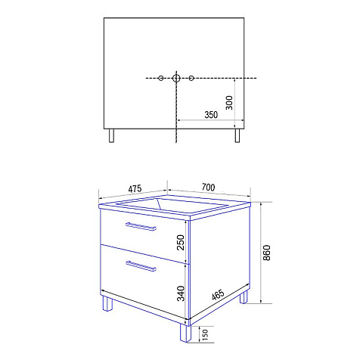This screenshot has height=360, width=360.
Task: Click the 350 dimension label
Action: pyautogui.click(x=211, y=115)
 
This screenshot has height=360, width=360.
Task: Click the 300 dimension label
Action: pyautogui.click(x=229, y=103)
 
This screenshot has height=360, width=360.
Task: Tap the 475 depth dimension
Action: pyautogui.click(x=135, y=189)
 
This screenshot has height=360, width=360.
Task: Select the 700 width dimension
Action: pyautogui.click(x=209, y=188)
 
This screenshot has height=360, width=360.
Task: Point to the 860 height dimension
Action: pyautogui.click(x=266, y=253)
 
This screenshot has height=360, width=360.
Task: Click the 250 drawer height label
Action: pyautogui.click(x=181, y=242)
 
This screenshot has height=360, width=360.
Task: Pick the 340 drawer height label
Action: pyautogui.click(x=181, y=293)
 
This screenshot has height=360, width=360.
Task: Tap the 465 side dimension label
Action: pyautogui.click(x=218, y=295)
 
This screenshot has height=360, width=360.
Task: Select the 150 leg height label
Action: pyautogui.click(x=206, y=334)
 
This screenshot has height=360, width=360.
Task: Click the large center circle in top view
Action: pyautogui.click(x=176, y=78)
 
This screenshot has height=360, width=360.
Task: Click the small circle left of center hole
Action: pyautogui.click(x=161, y=78)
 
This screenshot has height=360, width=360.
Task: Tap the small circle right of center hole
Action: pyautogui.click(x=191, y=78)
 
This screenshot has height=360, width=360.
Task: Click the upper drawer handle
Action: pyautogui.click(x=141, y=226)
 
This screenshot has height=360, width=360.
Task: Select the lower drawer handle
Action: pyautogui.click(x=141, y=266)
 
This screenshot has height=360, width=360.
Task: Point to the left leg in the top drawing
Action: pyautogui.click(x=111, y=136)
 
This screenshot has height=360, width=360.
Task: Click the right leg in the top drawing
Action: pyautogui.click(x=237, y=136)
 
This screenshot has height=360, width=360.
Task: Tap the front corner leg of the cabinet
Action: pyautogui.click(x=185, y=333)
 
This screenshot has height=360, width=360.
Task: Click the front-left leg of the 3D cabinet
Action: pyautogui.click(x=107, y=304)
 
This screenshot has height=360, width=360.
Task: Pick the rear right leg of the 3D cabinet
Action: pyautogui.click(x=244, y=296)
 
